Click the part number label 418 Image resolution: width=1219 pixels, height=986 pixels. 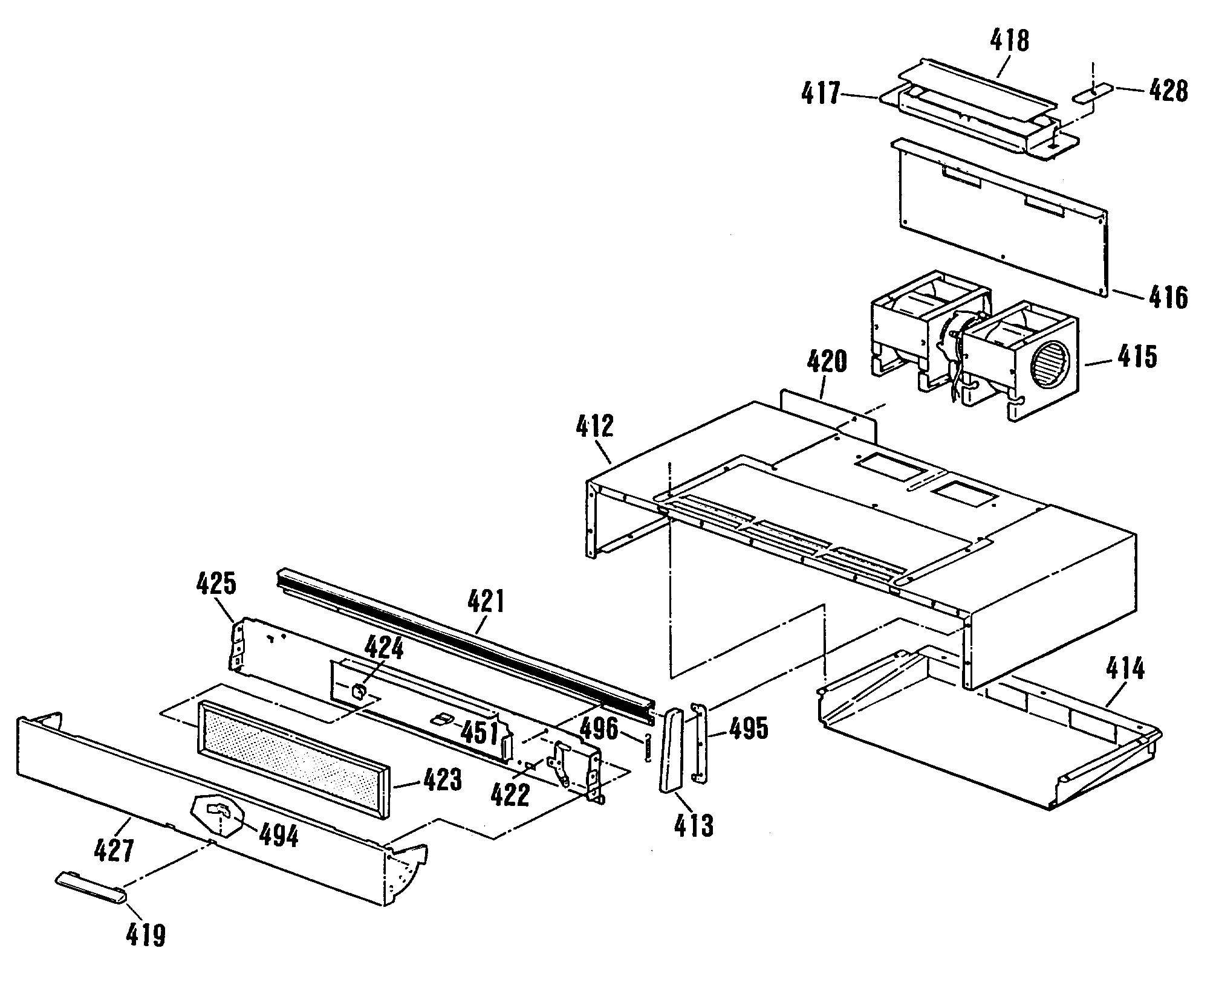click(x=1009, y=42)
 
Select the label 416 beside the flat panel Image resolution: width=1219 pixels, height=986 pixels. click(x=1168, y=297)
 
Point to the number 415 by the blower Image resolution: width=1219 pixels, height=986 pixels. click(x=1136, y=356)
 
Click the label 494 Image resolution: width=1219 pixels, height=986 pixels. click(x=278, y=836)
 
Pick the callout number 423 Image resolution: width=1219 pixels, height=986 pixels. click(x=441, y=779)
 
